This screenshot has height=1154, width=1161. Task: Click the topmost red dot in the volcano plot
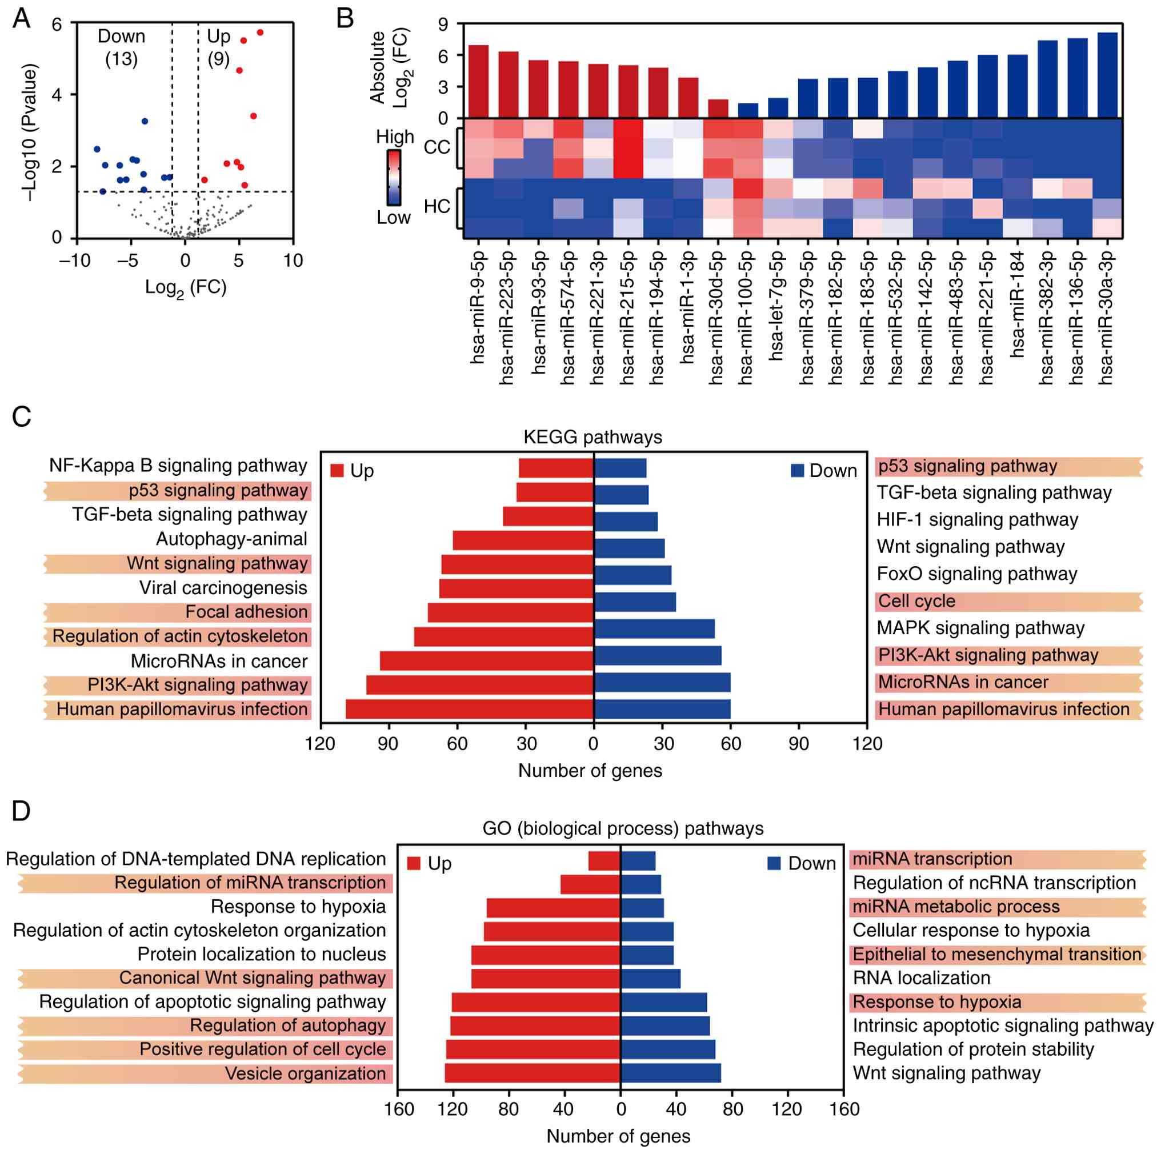[260, 33]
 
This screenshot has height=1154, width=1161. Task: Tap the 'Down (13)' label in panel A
[121, 47]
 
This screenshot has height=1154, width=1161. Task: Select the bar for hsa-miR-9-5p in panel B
[478, 81]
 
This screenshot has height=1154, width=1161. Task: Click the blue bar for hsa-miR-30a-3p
[1107, 75]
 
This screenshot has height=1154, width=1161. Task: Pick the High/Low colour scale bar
[394, 177]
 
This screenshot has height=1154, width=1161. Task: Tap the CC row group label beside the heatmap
[437, 147]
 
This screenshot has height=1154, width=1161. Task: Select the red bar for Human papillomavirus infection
[469, 709]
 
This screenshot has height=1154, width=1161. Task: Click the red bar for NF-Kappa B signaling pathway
[556, 468]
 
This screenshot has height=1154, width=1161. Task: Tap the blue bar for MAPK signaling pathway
[654, 628]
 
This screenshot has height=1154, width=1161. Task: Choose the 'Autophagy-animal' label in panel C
[231, 539]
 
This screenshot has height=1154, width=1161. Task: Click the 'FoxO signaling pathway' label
[976, 574]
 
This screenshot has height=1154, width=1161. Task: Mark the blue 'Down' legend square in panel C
[798, 470]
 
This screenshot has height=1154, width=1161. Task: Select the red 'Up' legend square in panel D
[414, 864]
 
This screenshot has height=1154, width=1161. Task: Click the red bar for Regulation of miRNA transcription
[590, 884]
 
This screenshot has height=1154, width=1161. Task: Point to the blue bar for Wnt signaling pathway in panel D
[671, 1073]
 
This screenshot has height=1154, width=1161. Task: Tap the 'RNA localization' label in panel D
[921, 978]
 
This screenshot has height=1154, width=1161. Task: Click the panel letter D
[22, 811]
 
